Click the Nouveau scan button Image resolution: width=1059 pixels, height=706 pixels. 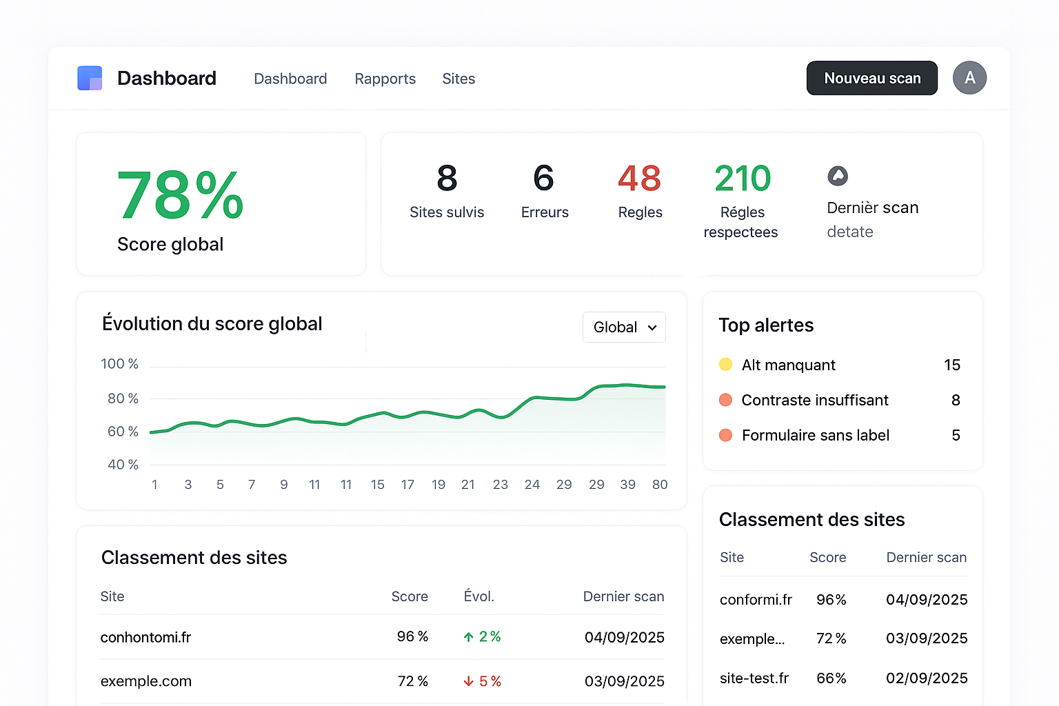871,78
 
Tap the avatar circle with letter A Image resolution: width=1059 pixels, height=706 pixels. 969,78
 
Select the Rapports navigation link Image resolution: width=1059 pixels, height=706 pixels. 385,79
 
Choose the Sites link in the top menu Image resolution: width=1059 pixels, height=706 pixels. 458,79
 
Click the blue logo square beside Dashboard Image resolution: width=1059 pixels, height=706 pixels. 90,78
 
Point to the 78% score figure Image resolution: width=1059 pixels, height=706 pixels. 180,196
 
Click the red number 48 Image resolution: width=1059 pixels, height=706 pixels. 639,179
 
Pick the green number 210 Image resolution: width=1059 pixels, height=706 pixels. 742,179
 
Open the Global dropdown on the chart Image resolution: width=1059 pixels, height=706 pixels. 624,327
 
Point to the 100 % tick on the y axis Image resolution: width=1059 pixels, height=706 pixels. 119,364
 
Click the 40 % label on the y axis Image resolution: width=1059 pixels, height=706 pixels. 123,465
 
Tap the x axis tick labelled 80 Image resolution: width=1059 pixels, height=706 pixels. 660,485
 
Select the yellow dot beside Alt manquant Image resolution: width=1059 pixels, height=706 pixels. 725,365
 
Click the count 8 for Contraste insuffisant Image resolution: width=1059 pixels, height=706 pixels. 956,400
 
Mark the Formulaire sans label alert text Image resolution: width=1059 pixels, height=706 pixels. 816,435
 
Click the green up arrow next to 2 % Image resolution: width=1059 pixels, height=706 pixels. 469,637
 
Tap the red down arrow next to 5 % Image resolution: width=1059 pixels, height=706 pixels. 469,681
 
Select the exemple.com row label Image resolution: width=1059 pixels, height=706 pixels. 146,681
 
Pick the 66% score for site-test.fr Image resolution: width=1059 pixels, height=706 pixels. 831,678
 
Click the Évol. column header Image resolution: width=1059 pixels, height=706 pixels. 478,596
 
